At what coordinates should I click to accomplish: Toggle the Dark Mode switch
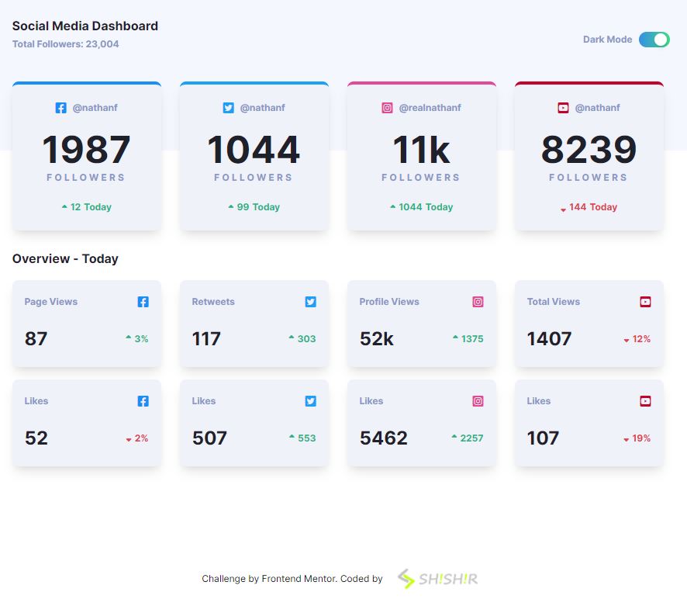(x=654, y=40)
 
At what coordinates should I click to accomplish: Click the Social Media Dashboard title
(x=85, y=26)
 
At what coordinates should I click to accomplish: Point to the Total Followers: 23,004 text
(x=66, y=44)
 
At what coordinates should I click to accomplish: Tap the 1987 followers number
(x=86, y=150)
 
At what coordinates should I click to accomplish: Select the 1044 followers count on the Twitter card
(x=254, y=150)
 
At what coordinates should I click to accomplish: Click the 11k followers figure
(x=421, y=150)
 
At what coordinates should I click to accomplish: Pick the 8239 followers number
(x=589, y=150)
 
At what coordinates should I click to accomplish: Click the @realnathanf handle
(x=430, y=108)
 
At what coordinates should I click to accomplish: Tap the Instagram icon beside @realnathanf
(x=388, y=108)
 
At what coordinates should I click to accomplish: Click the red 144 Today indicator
(x=589, y=207)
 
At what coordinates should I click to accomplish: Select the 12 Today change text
(x=87, y=207)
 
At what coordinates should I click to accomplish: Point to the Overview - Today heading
(x=65, y=258)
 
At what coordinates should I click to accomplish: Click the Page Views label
(x=51, y=302)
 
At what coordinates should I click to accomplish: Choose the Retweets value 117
(x=206, y=338)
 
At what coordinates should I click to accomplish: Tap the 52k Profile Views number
(x=377, y=338)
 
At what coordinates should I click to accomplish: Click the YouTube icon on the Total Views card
(x=645, y=302)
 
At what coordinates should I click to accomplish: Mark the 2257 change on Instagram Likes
(x=468, y=438)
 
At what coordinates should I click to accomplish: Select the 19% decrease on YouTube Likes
(x=637, y=438)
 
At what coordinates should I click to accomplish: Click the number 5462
(x=384, y=438)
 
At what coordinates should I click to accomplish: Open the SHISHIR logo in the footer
(x=438, y=579)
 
